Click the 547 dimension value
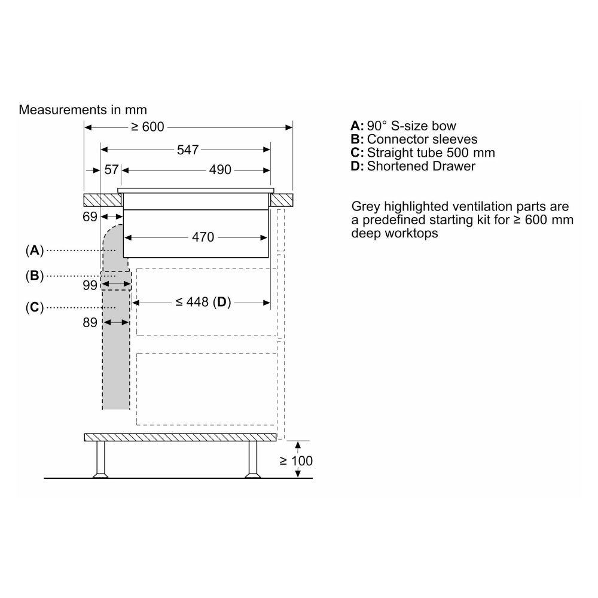point(188,150)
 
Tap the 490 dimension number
point(220,170)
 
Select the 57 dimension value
point(111,170)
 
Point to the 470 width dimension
point(203,237)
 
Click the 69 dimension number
point(90,216)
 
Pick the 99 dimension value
point(90,285)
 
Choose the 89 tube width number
point(90,323)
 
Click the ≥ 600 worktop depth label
point(147,127)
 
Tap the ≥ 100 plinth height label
point(296,460)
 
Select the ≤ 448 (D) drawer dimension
point(203,302)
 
